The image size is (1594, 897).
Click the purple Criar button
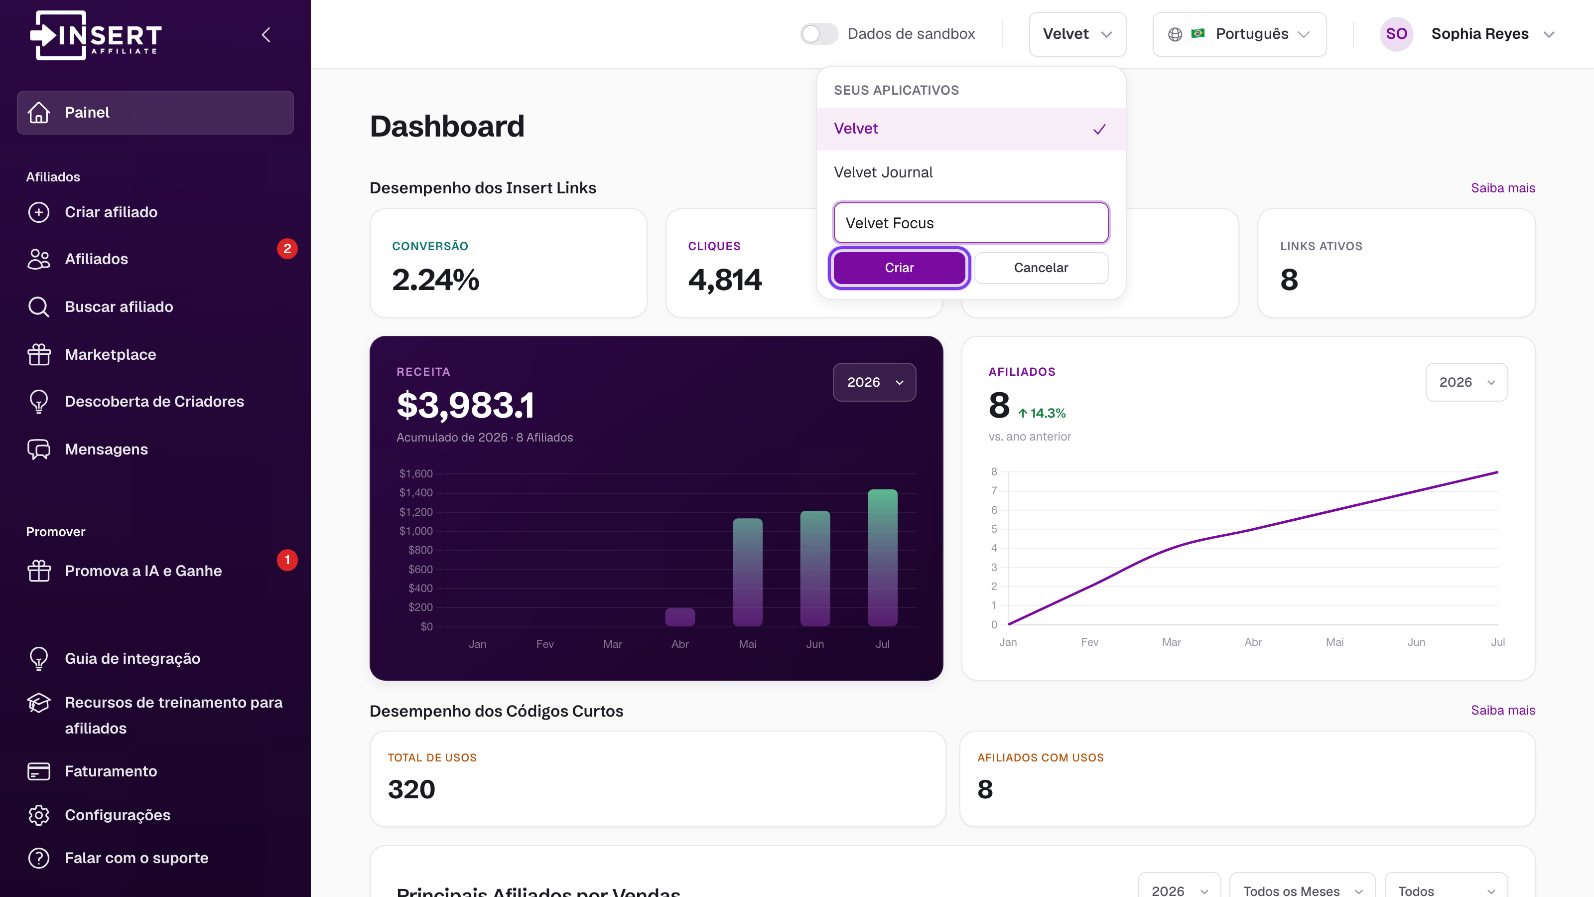[x=899, y=268]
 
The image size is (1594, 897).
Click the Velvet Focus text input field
[x=970, y=223]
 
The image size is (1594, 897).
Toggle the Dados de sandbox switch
[x=818, y=34]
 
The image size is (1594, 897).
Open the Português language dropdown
[x=1239, y=34]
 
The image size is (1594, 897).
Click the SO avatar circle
[x=1396, y=34]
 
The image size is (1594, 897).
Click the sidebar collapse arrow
[x=266, y=35]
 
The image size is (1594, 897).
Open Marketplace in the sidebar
[x=110, y=355]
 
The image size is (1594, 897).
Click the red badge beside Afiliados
[x=287, y=249]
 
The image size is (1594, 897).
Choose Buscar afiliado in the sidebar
[x=119, y=307]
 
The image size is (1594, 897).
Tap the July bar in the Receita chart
[x=882, y=558]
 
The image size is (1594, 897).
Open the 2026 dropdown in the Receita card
[x=874, y=382]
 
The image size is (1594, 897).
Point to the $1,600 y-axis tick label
[x=416, y=473]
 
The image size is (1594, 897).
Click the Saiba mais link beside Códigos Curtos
[x=1502, y=710]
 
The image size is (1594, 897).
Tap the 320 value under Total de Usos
[x=411, y=789]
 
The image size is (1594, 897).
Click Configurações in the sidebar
[x=118, y=815]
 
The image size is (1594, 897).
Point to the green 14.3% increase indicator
[x=1042, y=413]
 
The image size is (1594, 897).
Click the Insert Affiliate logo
[x=96, y=35]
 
